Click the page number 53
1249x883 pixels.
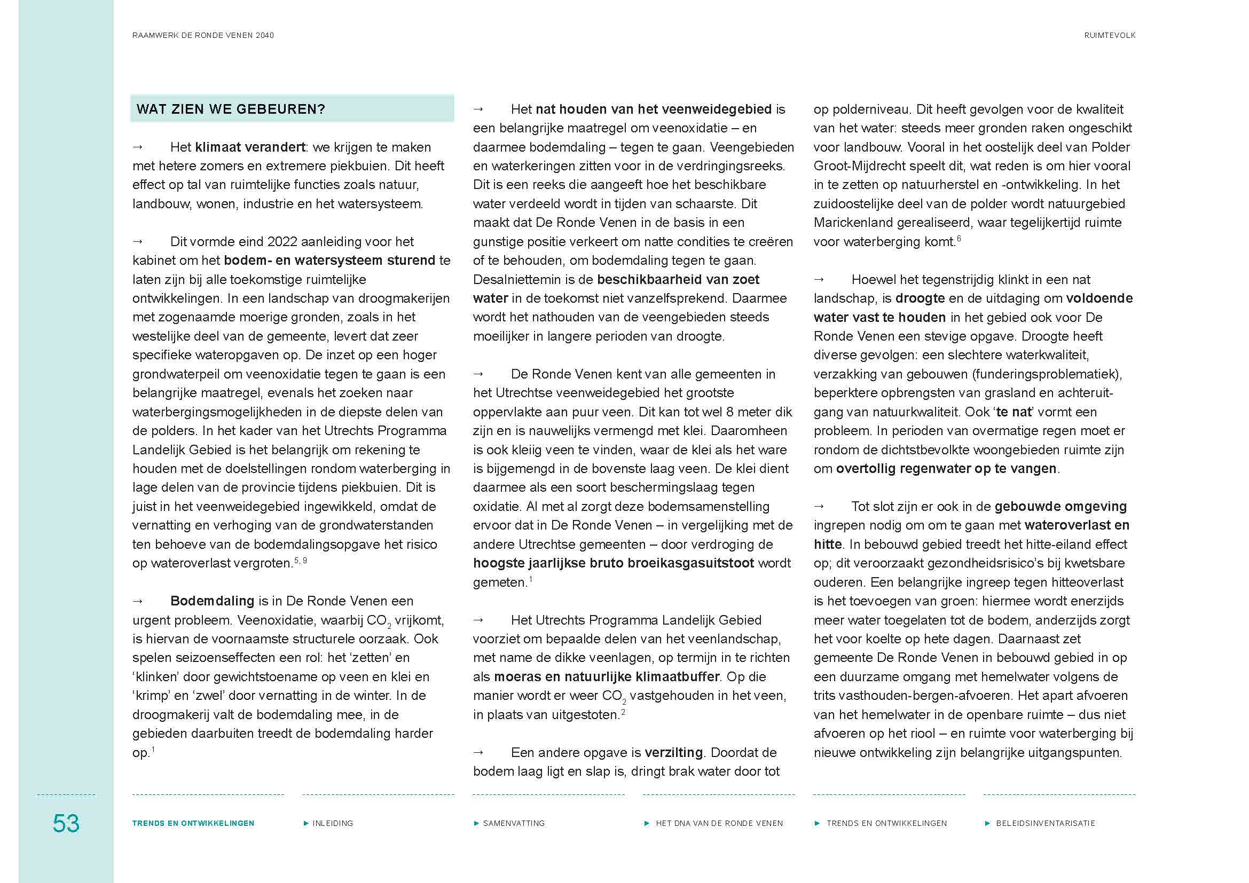[66, 823]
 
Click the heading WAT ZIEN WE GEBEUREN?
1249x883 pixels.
[231, 109]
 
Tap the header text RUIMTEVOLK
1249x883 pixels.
[1110, 35]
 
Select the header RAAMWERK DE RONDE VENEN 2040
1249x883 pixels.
[203, 35]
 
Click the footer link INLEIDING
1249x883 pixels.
[332, 823]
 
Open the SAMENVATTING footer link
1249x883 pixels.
[514, 823]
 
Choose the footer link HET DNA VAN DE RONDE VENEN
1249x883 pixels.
[719, 823]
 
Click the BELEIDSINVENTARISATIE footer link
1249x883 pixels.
[1045, 823]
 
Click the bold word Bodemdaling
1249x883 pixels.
[212, 601]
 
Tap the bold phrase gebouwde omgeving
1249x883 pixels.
[1061, 507]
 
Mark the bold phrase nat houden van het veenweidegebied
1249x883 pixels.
[653, 109]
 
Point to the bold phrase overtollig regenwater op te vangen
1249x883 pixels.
[946, 469]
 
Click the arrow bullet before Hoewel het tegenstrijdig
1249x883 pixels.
[819, 279]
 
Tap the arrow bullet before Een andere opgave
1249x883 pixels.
[478, 753]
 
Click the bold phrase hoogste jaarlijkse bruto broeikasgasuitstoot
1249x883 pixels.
[613, 563]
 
